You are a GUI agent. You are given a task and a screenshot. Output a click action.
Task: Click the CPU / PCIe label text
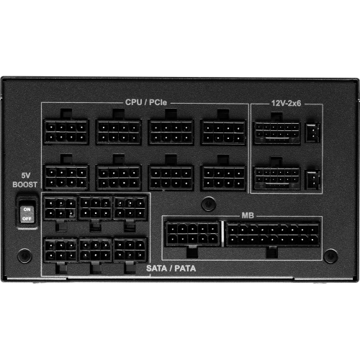(x=146, y=102)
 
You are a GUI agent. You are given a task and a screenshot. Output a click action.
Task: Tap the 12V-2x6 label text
(x=286, y=103)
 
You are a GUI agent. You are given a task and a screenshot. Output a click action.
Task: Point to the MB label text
(x=248, y=215)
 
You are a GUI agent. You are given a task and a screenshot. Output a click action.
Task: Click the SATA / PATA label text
(x=171, y=269)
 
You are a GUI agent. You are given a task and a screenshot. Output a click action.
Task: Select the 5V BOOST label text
(x=25, y=180)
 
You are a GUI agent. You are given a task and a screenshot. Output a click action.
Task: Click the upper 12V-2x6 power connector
(x=276, y=132)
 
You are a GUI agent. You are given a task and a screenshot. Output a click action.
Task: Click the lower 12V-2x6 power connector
(x=276, y=178)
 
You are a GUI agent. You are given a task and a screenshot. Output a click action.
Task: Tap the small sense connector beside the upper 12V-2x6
(x=312, y=132)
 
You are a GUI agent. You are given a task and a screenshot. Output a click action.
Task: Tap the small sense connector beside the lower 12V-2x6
(x=312, y=180)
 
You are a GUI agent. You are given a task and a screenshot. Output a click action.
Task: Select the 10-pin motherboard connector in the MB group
(x=193, y=234)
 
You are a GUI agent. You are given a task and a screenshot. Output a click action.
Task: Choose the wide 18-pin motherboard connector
(x=273, y=234)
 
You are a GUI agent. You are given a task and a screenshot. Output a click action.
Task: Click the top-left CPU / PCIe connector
(x=66, y=132)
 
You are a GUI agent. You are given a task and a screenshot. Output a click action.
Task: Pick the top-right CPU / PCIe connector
(x=223, y=132)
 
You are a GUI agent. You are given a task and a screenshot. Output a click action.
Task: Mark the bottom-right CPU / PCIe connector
(x=223, y=178)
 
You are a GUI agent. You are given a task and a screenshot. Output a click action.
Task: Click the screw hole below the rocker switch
(x=24, y=256)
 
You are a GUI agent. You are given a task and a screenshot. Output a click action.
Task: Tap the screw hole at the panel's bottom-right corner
(x=330, y=256)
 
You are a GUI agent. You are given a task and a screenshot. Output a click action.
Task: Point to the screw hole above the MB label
(x=209, y=204)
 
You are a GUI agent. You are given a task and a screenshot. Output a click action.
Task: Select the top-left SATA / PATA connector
(x=60, y=208)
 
